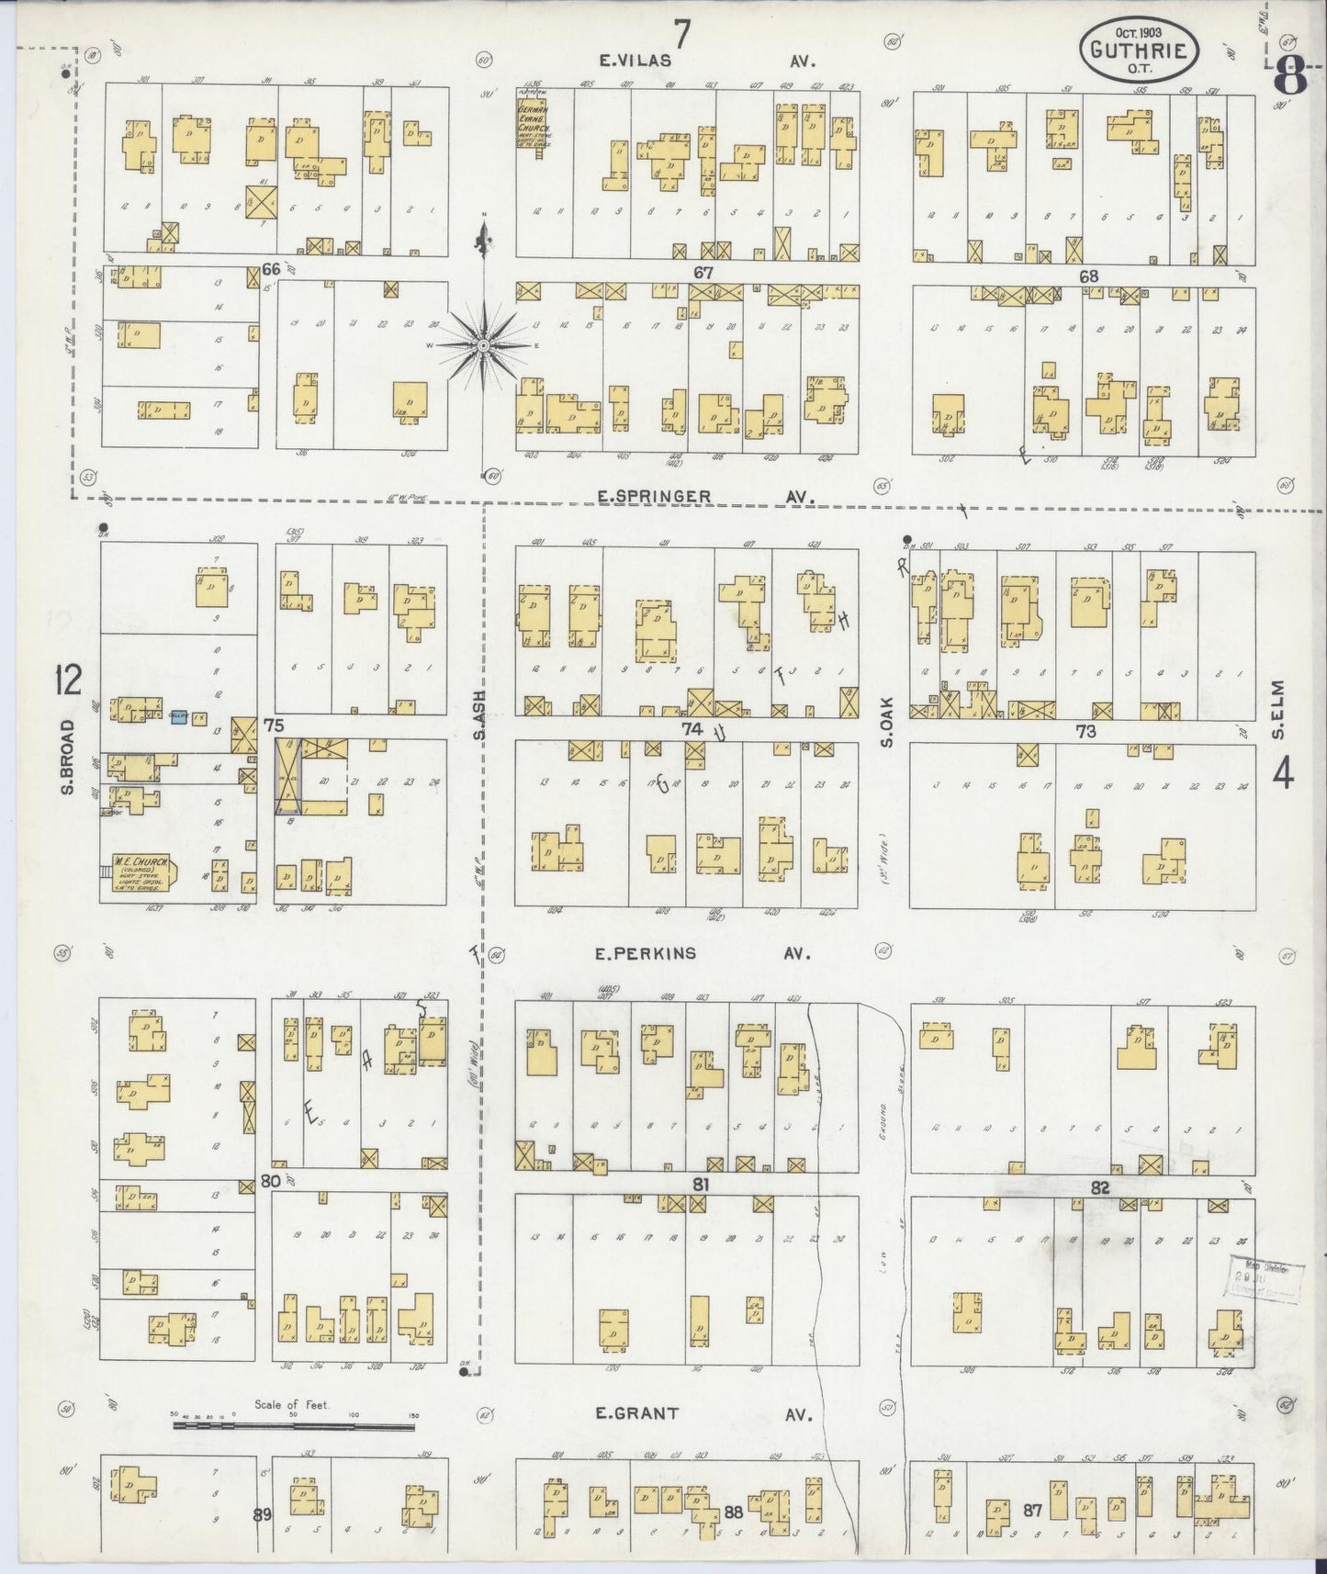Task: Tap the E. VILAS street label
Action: (x=635, y=61)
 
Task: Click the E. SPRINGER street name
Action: (x=653, y=497)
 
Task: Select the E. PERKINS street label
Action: (x=646, y=954)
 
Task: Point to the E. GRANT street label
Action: (x=637, y=1413)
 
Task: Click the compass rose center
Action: (x=483, y=345)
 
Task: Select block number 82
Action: (x=1100, y=1188)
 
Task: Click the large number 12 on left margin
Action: (x=68, y=681)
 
